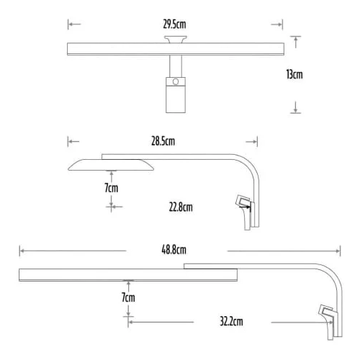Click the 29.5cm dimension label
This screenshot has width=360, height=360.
click(174, 24)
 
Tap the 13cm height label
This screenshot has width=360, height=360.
click(294, 74)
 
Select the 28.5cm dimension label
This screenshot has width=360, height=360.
click(163, 141)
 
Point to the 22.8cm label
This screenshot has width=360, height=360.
click(181, 207)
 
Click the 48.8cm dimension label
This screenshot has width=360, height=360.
click(174, 250)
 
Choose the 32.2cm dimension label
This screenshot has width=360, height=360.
click(231, 321)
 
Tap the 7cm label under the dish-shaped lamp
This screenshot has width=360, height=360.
click(112, 188)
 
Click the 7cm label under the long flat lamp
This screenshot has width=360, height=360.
click(128, 297)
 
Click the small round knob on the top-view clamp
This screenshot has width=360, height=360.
click(176, 81)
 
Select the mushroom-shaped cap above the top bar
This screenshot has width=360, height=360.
click(176, 40)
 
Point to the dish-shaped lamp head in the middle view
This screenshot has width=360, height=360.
click(111, 165)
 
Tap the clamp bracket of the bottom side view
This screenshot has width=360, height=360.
click(328, 322)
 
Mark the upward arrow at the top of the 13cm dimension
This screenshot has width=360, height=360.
click(296, 42)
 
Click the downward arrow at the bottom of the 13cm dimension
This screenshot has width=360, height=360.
click(296, 107)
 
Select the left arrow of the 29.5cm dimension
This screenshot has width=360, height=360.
click(74, 24)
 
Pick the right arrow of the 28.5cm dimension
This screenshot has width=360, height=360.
click(252, 142)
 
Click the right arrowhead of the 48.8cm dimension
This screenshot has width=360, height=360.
click(338, 251)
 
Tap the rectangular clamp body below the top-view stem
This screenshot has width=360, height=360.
click(176, 95)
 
